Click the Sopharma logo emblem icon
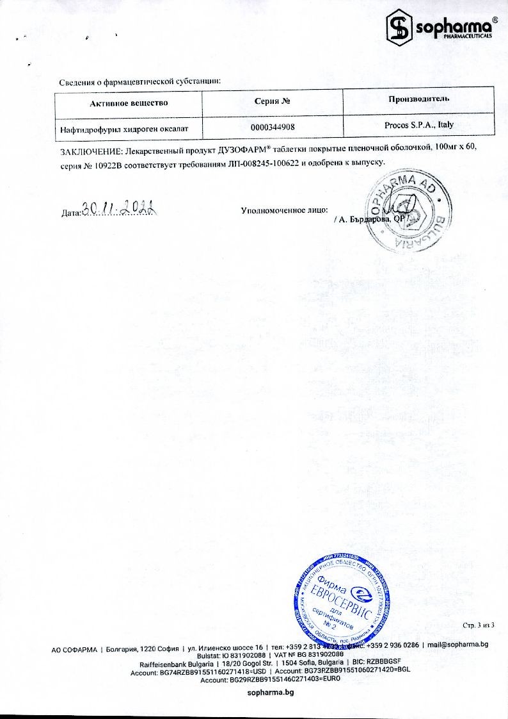click(400, 27)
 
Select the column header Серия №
click(273, 102)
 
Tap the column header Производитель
click(418, 99)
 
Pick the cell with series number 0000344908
click(273, 128)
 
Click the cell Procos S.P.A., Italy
click(419, 126)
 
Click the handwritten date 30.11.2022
click(120, 208)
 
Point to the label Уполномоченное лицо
click(284, 210)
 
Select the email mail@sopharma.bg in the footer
click(458, 644)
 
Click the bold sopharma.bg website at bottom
click(271, 693)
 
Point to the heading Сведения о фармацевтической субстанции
click(140, 81)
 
